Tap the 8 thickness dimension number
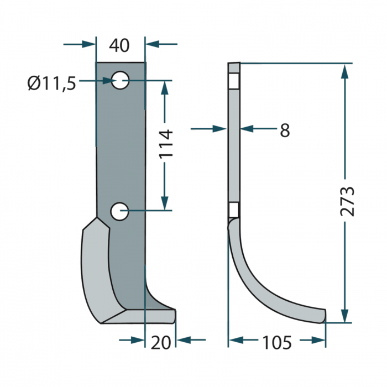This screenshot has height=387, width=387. (x=284, y=130)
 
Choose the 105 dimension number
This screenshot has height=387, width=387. (x=276, y=343)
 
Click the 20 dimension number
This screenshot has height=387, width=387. (x=160, y=343)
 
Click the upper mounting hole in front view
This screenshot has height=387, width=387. (x=121, y=81)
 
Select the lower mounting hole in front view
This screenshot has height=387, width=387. (x=120, y=211)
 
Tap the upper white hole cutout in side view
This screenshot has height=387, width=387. (x=234, y=81)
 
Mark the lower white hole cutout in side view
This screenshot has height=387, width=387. (x=234, y=210)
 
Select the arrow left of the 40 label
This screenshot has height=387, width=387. (x=89, y=43)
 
